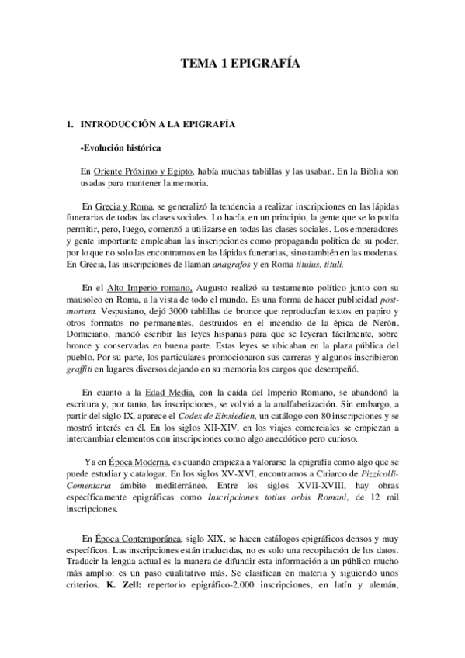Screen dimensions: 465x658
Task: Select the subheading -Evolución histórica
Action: click(x=120, y=147)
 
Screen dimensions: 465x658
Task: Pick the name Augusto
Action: click(x=210, y=287)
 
